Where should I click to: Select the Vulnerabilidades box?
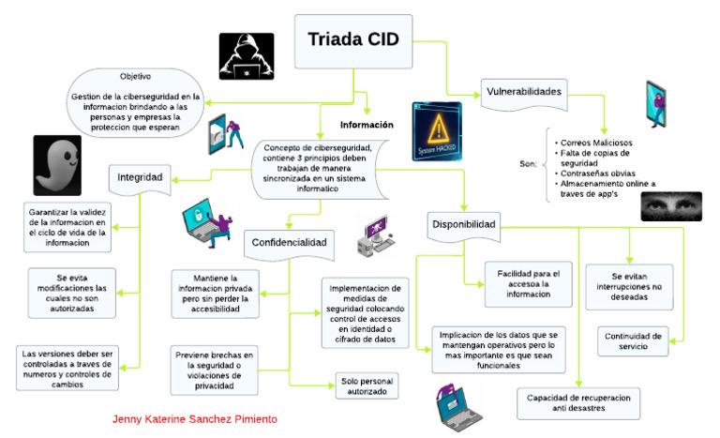coord(524,92)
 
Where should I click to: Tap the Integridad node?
coord(140,175)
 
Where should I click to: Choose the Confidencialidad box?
coord(289,242)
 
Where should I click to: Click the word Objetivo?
coord(135,76)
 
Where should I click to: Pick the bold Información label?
coord(366,124)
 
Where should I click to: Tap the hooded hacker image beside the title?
coord(246,55)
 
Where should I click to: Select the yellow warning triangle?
coord(438,126)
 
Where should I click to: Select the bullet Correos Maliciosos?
coord(594,143)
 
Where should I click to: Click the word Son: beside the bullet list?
coord(528,164)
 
